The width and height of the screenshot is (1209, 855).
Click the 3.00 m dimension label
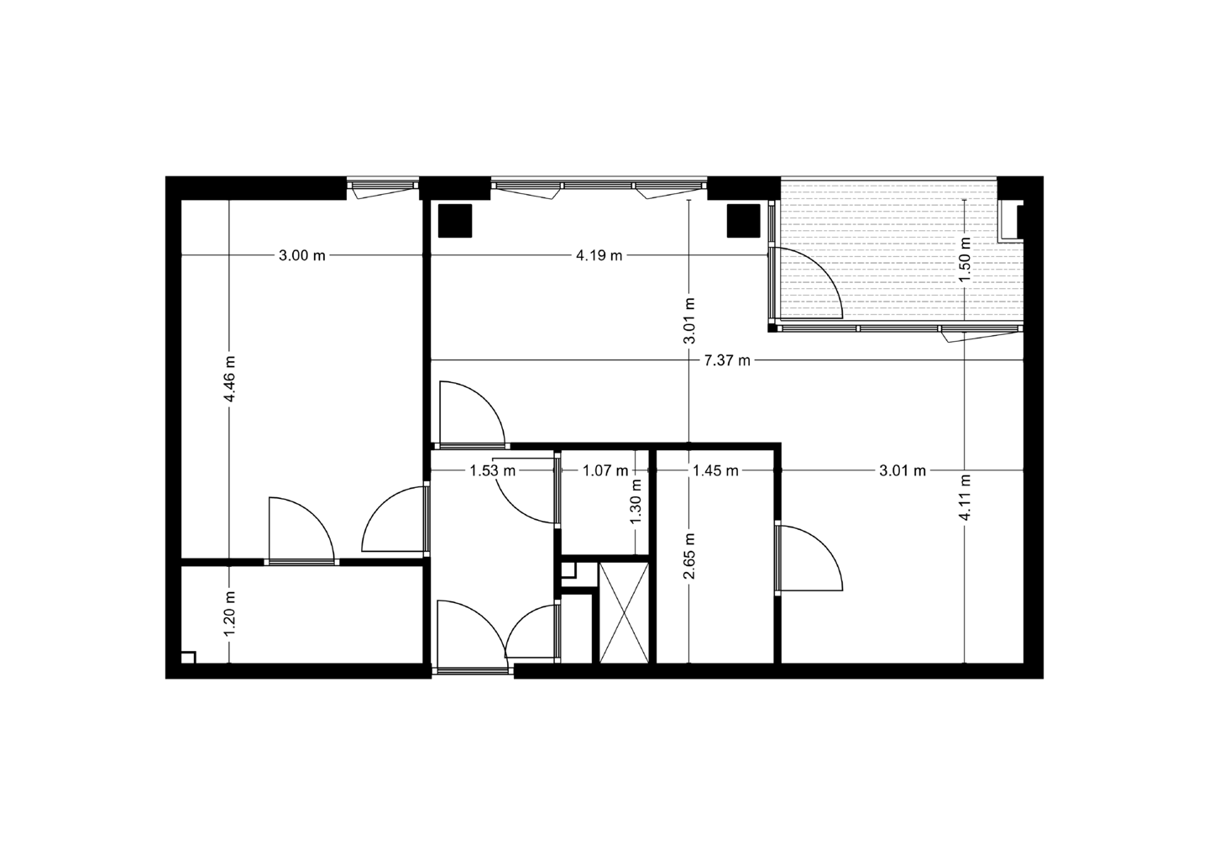(302, 255)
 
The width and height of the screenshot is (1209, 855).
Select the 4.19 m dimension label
(599, 255)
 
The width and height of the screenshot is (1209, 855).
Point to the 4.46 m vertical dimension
(229, 380)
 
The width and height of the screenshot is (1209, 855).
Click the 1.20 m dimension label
(229, 613)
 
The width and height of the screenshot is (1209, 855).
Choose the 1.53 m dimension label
(492, 470)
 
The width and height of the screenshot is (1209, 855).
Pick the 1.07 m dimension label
(606, 470)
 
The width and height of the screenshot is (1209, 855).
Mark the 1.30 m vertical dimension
(636, 501)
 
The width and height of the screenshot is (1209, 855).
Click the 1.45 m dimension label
(715, 470)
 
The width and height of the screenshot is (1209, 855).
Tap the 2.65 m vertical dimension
(688, 557)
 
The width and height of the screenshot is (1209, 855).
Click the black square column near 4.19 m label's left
(456, 221)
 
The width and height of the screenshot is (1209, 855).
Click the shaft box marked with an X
(624, 612)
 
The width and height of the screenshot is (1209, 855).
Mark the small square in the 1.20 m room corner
(188, 657)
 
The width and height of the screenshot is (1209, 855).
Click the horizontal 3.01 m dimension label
(903, 470)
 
